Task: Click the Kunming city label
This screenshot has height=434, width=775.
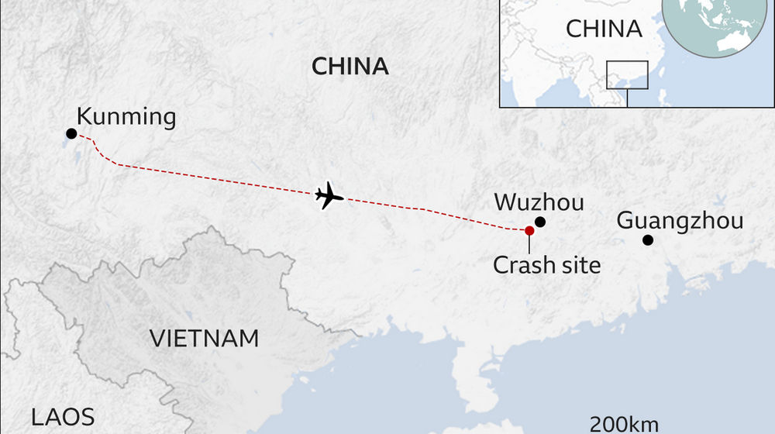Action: pos(126,118)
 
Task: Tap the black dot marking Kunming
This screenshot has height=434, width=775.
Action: pos(71,134)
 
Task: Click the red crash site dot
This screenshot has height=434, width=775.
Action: pos(529,230)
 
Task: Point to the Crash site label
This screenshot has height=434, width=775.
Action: pos(547,265)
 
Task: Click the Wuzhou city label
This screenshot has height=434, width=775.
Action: pos(539,203)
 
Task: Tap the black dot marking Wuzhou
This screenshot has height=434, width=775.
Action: pos(540,222)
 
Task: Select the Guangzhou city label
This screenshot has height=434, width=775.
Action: pos(680,221)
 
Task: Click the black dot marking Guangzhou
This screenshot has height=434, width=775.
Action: pos(648,240)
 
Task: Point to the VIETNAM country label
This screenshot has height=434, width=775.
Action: pos(204,339)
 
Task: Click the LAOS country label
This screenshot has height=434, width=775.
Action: pos(63,417)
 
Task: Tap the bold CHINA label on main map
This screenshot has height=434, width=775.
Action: pos(350,67)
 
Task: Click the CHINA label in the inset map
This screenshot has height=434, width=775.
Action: pos(604,29)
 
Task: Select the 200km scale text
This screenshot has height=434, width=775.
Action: pos(625,424)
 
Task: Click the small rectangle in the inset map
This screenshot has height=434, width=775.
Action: pos(627,75)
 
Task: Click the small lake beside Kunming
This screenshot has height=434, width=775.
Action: pos(79,159)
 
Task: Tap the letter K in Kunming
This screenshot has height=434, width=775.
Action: pos(84,118)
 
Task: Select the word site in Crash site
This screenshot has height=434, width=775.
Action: pos(579,265)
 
